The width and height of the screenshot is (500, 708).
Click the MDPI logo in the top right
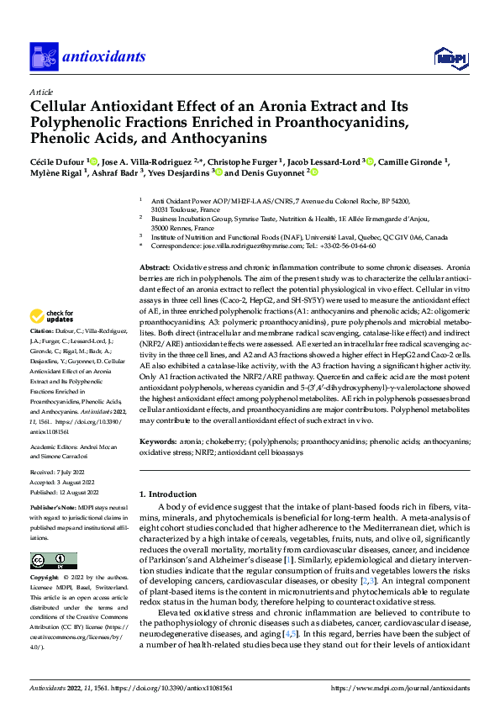pos(450,56)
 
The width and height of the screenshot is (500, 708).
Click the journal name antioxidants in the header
pos(105,57)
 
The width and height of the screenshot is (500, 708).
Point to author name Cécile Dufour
pos(57,161)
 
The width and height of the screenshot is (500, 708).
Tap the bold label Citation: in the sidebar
pos(44,356)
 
